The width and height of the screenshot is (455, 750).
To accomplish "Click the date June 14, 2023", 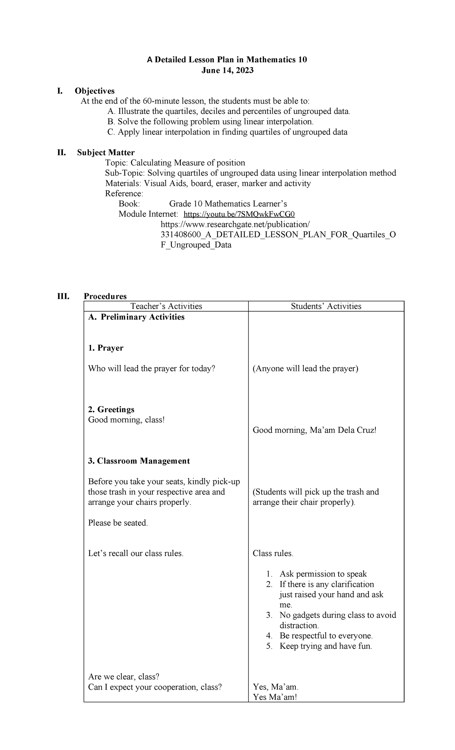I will pos(227,70).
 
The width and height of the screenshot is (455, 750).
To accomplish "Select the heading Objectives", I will pos(94,91).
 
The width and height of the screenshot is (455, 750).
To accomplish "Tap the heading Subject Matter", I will pos(106,153).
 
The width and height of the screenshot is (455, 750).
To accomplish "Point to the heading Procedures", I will pos(105,296).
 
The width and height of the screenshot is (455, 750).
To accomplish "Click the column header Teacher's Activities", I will pos(166,306).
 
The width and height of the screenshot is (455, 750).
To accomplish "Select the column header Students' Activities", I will pos(326,306).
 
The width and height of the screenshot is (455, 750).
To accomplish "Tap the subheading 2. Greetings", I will pos(111,409).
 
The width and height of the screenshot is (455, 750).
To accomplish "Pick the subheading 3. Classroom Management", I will pos(139,461).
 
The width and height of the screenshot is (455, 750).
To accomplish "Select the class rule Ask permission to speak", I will pos(323,574).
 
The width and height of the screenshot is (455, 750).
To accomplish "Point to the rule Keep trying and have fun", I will pos(326,646).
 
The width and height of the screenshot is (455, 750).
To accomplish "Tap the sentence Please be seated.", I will pos(118,523).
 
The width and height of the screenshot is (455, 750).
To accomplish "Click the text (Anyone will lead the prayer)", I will pos(305,369).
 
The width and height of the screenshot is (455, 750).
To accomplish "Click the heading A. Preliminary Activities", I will pos(136,317).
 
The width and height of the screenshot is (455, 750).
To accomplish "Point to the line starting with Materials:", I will pos(208,183).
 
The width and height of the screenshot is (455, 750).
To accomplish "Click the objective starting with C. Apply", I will pos(227,132).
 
